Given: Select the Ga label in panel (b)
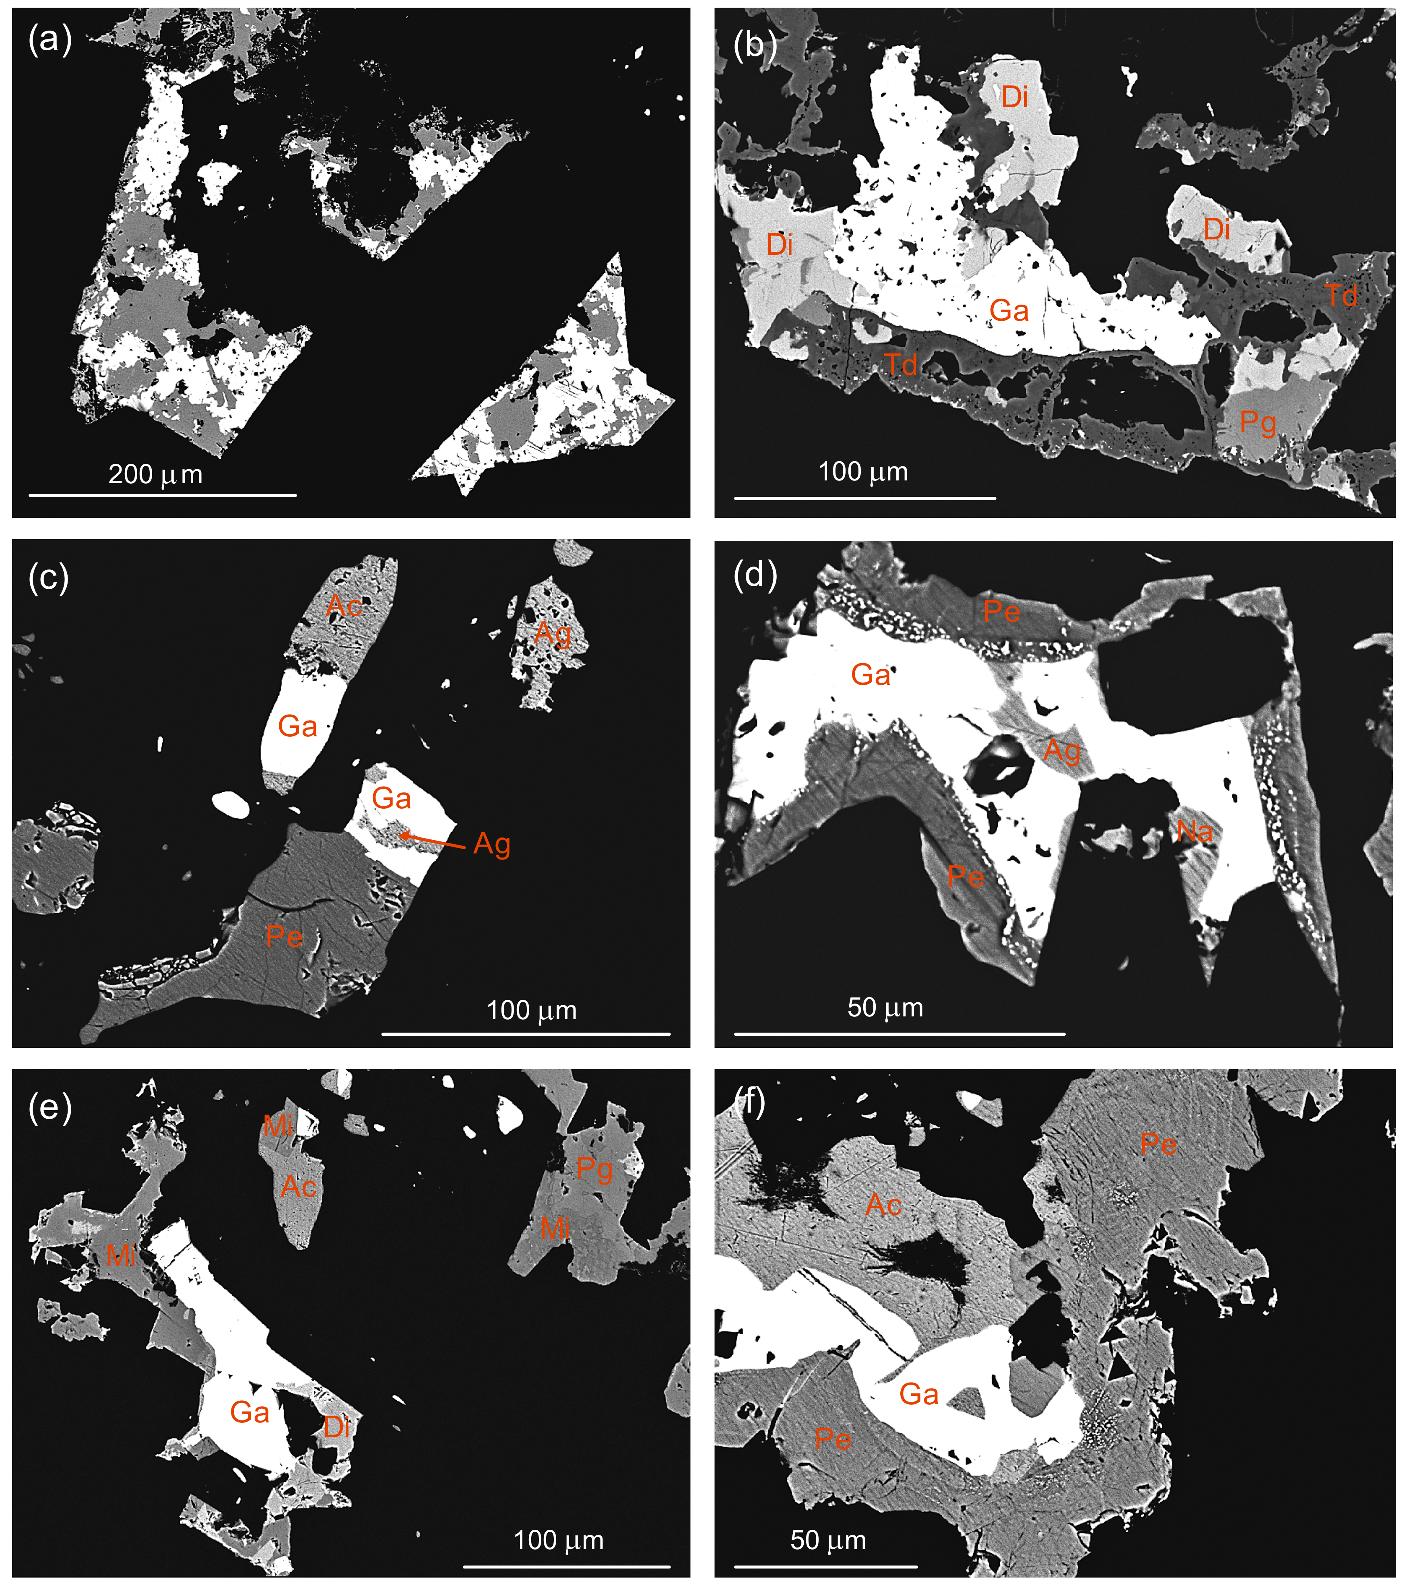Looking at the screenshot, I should coord(1009,311).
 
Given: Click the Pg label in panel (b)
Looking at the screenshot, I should coord(1257,423).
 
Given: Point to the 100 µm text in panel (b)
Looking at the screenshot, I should coord(863,471).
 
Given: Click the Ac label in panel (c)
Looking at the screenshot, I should coord(344,605).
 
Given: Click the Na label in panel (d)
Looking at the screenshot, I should coord(1194,832).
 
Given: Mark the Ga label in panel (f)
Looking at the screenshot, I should coord(918,1394).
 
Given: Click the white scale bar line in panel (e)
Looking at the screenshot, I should coord(566,1566).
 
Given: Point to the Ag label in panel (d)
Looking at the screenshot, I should coord(1061,750).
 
